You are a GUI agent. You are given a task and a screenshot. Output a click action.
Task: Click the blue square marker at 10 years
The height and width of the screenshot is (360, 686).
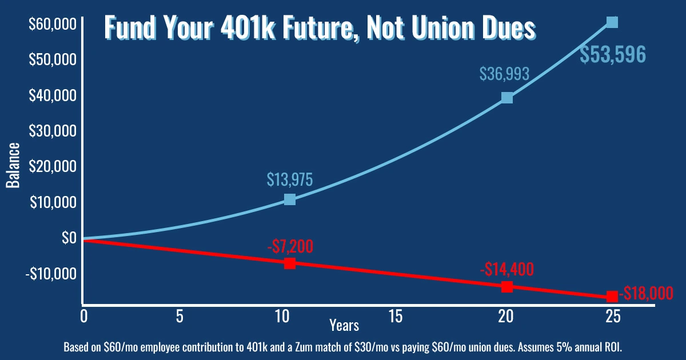290,199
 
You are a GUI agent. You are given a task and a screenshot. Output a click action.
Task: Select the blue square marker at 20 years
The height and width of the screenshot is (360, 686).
506,98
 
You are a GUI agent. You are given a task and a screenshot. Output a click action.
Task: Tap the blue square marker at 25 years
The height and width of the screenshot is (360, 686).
612,22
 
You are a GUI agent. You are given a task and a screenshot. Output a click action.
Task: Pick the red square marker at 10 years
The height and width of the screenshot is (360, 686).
290,263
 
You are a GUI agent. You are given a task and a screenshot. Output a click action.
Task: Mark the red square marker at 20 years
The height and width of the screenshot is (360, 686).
507,287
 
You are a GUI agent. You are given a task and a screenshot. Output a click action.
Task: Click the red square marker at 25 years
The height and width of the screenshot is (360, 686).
612,297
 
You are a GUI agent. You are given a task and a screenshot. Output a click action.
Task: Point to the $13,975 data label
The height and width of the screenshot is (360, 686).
290,179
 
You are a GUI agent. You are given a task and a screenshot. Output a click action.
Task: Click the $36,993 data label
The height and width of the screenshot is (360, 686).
504,74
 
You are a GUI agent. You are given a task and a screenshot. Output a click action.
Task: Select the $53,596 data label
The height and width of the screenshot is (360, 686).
613,54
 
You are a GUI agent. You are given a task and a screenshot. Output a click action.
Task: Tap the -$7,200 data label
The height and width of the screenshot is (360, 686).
290,246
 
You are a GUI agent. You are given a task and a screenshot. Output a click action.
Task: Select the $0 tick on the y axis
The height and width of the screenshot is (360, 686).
69,237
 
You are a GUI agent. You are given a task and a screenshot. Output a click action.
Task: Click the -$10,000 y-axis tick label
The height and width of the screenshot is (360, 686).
50,274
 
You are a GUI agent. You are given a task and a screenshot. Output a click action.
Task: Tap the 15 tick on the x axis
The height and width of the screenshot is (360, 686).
393,316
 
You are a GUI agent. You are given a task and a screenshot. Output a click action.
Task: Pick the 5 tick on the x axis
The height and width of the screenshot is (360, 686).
180,316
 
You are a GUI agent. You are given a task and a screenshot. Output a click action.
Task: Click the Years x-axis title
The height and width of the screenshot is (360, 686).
344,325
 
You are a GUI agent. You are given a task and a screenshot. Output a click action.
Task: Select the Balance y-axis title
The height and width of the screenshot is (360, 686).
13,166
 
